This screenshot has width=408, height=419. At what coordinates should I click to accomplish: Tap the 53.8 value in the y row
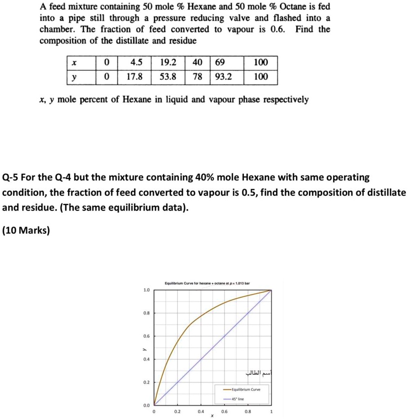tap(168, 77)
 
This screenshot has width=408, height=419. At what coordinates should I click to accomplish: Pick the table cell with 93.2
tap(223, 77)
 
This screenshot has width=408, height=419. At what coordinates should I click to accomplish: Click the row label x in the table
tap(74, 62)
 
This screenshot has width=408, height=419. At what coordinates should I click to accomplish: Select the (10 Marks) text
tap(26, 231)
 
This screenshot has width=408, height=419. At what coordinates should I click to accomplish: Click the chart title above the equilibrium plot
tap(207, 283)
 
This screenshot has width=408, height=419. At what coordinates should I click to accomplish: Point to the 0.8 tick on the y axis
tap(146, 313)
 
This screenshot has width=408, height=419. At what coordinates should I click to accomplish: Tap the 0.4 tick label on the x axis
tap(201, 412)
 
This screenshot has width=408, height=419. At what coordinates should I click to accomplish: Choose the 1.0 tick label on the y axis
tap(146, 290)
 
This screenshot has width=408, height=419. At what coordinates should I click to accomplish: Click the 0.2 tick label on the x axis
tap(177, 412)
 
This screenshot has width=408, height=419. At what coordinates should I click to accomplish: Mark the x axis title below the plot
tap(212, 416)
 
